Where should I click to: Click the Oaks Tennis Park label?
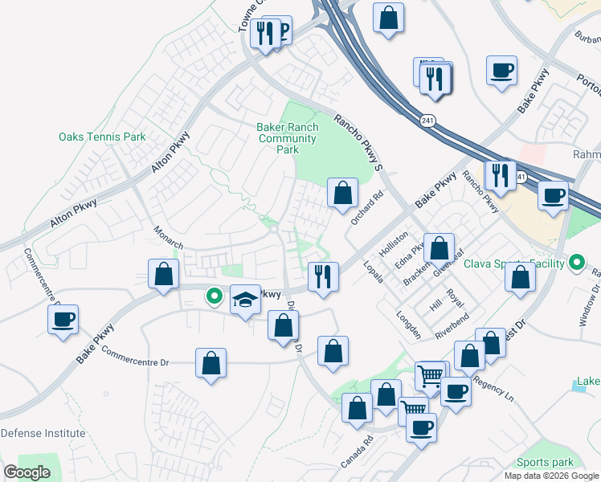pyautogui.click(x=102, y=137)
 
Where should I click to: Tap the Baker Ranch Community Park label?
pyautogui.click(x=288, y=138)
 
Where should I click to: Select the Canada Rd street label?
pyautogui.click(x=358, y=451)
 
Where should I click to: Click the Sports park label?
pyautogui.click(x=546, y=462)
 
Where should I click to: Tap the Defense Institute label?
pyautogui.click(x=43, y=433)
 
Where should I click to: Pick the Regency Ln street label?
pyautogui.click(x=493, y=385)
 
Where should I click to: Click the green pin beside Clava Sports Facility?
pyautogui.click(x=577, y=263)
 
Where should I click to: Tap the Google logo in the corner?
pyautogui.click(x=27, y=472)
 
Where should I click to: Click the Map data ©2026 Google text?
pyautogui.click(x=552, y=476)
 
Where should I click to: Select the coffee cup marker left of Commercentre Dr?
pyautogui.click(x=63, y=321)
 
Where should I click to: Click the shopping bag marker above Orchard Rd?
pyautogui.click(x=342, y=193)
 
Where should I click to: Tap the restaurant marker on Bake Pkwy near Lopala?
pyautogui.click(x=323, y=276)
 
